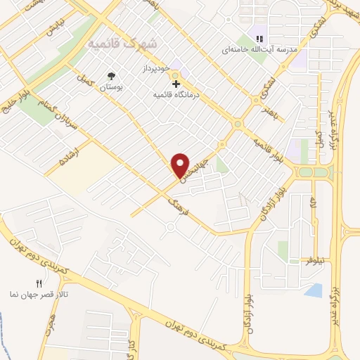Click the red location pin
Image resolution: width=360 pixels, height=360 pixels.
click(x=181, y=165)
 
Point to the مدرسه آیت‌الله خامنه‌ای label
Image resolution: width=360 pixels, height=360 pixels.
click(x=253, y=50)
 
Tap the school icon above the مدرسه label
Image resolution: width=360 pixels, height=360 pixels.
click(x=259, y=39)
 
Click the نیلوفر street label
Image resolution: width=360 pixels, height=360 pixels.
click(x=316, y=261)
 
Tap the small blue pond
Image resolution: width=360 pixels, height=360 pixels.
click(x=314, y=290)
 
